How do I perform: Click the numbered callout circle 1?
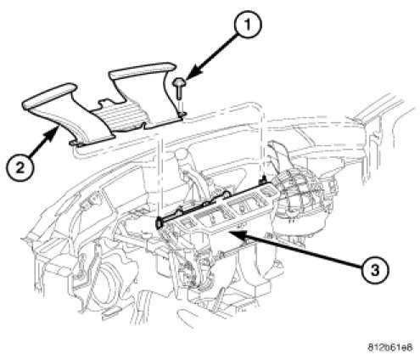[248, 24]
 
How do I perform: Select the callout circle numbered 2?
[20, 168]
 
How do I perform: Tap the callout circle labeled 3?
[374, 270]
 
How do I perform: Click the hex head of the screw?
[178, 82]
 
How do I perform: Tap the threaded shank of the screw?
[179, 93]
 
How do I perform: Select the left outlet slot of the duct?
[50, 96]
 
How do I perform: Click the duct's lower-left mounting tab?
[76, 143]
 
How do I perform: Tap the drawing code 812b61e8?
[389, 347]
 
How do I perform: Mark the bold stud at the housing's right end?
[264, 180]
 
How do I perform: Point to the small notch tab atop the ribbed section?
[105, 104]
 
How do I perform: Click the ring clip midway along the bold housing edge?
[227, 194]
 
